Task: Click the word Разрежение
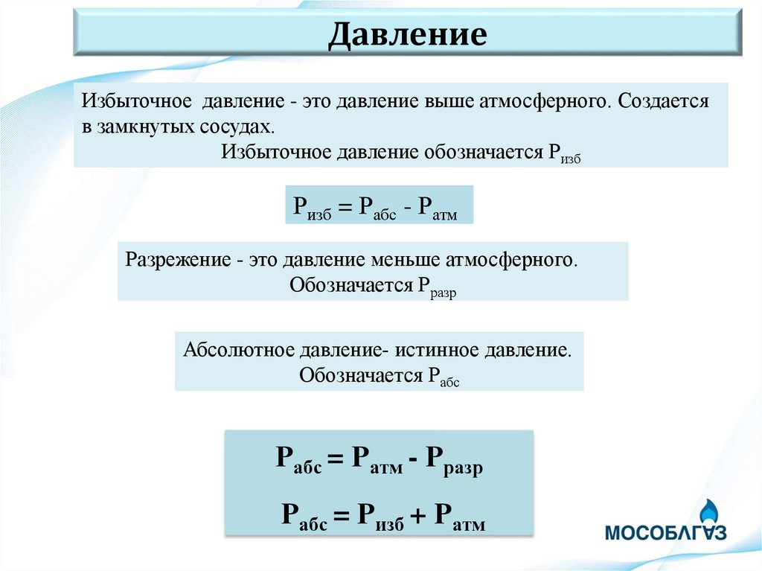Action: tap(176, 261)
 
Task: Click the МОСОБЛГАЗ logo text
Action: tap(665, 533)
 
